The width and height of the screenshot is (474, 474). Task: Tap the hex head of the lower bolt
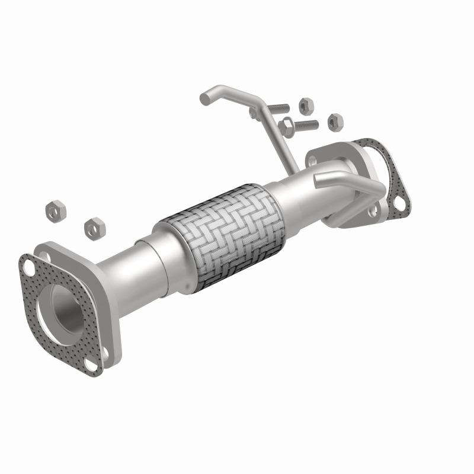287,126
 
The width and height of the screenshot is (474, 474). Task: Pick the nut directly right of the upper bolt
306,105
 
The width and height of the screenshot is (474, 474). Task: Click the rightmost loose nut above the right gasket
335,120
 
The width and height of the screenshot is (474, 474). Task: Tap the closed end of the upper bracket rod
205,97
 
